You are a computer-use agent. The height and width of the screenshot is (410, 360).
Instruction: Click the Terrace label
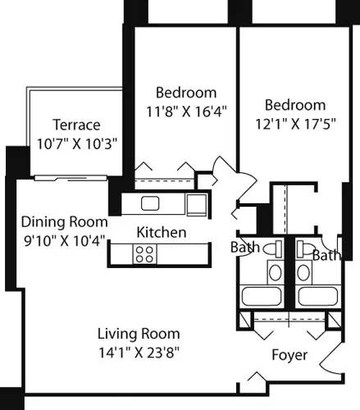76,125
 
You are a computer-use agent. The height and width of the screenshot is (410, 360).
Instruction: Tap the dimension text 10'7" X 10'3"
76,141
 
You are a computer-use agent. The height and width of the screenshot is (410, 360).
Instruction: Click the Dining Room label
65,222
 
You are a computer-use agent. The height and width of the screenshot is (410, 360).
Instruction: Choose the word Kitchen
161,233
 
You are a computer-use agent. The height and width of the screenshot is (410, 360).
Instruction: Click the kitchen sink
149,203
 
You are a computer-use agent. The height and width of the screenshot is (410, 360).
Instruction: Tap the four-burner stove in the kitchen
145,254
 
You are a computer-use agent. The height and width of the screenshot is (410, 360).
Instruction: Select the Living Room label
139,335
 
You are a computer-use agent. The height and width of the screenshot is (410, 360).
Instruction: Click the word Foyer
290,355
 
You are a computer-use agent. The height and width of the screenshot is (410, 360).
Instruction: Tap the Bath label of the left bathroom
244,248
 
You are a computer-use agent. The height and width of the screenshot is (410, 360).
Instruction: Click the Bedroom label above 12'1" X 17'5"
294,104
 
